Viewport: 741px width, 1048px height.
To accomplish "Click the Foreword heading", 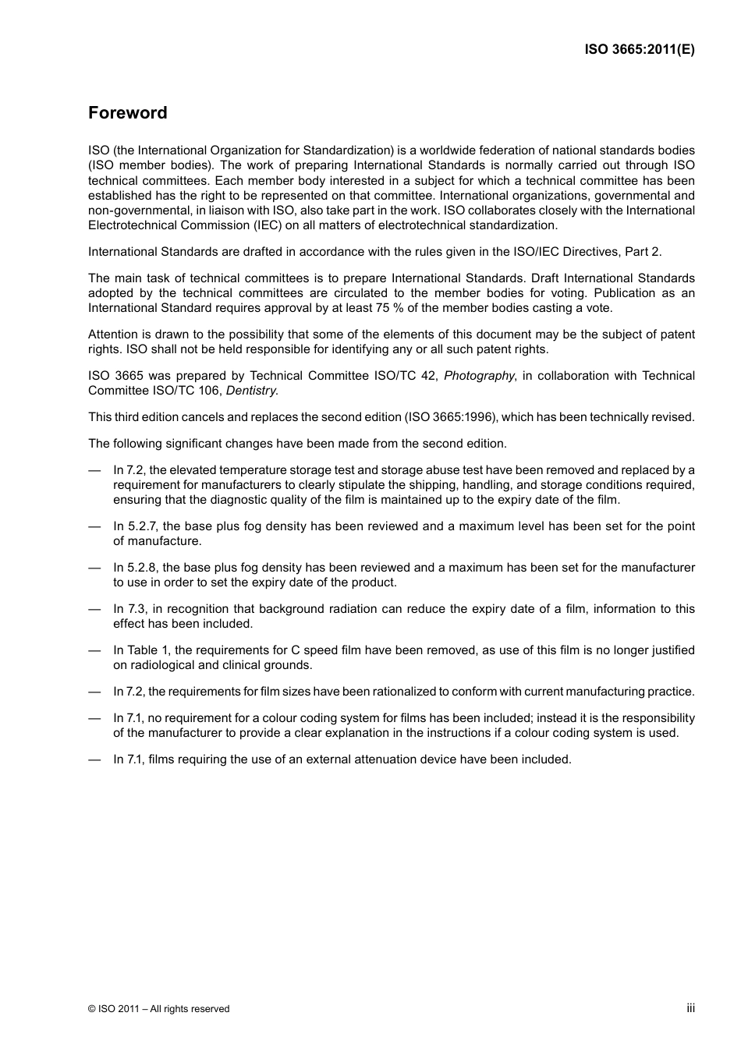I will point(127,113).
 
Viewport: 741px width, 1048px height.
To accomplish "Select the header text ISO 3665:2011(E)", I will point(640,49).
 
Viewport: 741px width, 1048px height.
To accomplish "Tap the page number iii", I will point(690,1008).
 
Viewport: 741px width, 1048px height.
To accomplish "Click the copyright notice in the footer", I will point(159,1009).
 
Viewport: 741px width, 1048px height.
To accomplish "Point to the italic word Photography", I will point(479,376).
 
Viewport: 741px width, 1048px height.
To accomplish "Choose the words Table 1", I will point(148,650).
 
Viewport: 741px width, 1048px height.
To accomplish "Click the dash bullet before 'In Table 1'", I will point(94,650).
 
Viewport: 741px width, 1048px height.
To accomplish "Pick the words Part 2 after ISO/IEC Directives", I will point(644,252).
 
